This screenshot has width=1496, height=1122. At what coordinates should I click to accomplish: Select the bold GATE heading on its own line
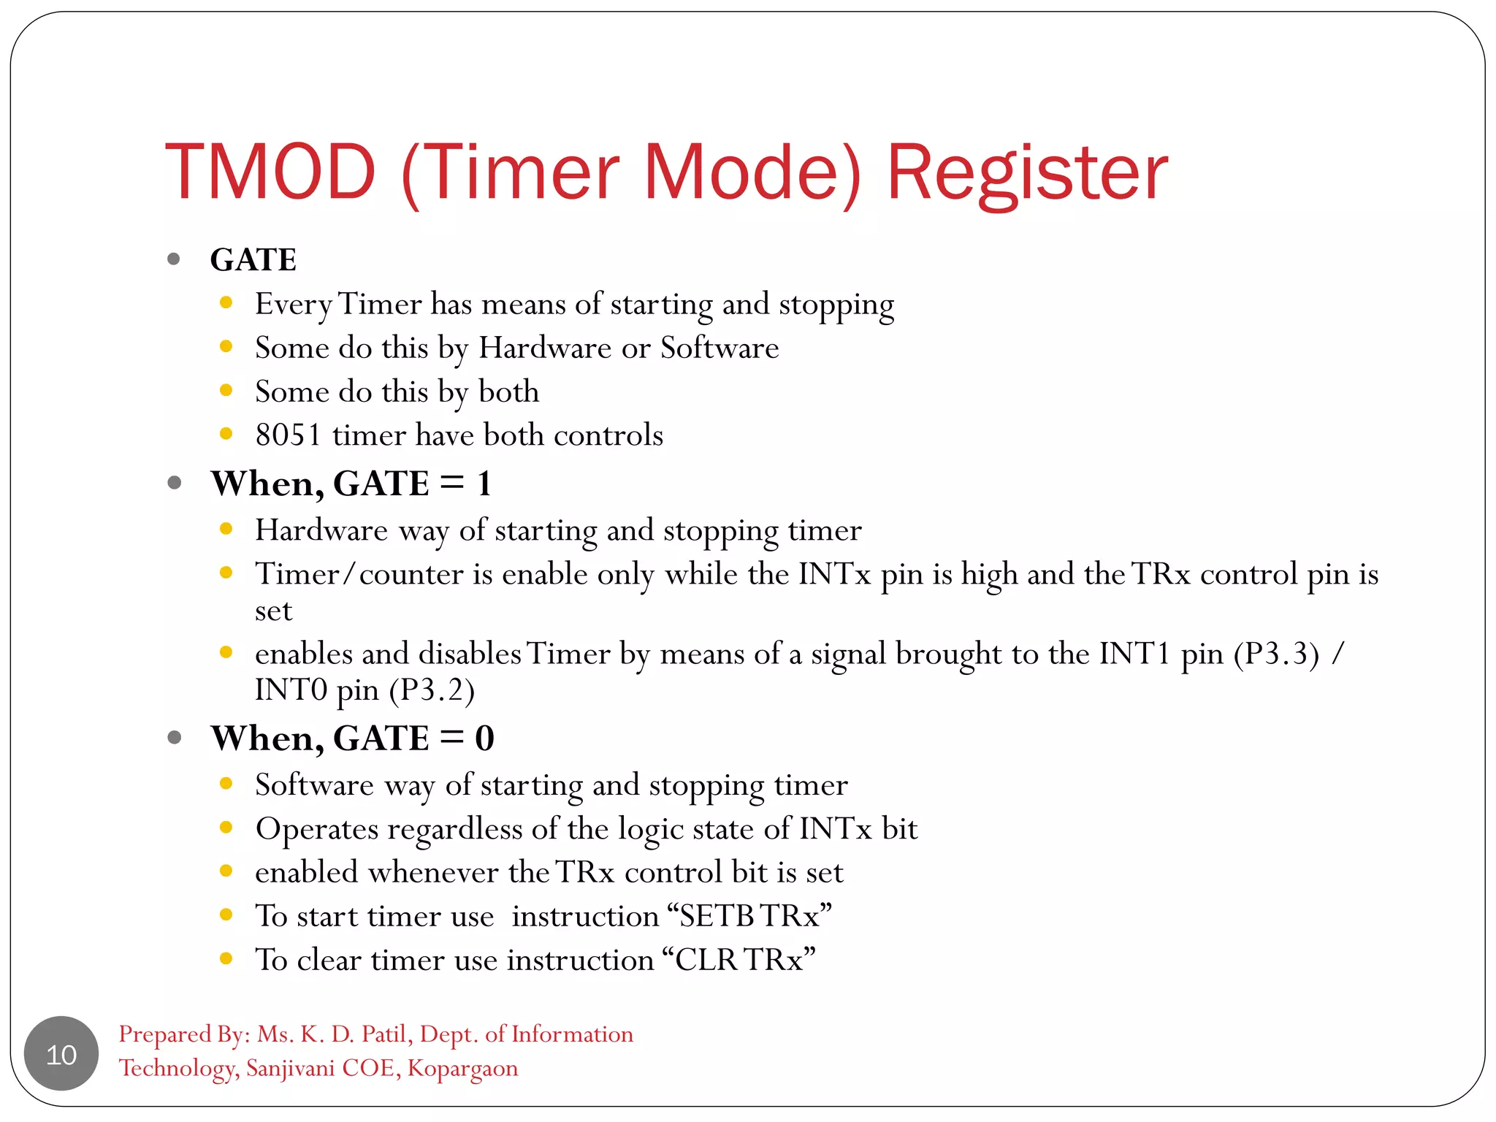click(253, 260)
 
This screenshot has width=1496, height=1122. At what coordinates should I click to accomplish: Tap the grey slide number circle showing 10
click(61, 1054)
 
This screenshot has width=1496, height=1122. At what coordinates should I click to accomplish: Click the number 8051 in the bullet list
click(288, 435)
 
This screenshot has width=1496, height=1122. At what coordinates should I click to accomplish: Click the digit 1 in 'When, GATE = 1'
click(484, 484)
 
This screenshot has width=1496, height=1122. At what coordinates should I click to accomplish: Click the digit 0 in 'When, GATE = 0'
click(484, 739)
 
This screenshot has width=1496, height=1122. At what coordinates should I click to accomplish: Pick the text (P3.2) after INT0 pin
click(432, 690)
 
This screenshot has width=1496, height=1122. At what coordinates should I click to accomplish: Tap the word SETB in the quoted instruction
click(718, 916)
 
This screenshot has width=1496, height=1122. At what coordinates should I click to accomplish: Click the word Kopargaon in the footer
click(462, 1068)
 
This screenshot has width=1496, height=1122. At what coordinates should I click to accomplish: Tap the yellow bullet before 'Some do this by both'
click(226, 390)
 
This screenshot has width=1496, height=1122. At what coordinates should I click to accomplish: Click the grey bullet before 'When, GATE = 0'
click(174, 737)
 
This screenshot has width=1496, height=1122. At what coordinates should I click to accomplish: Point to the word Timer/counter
click(359, 574)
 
